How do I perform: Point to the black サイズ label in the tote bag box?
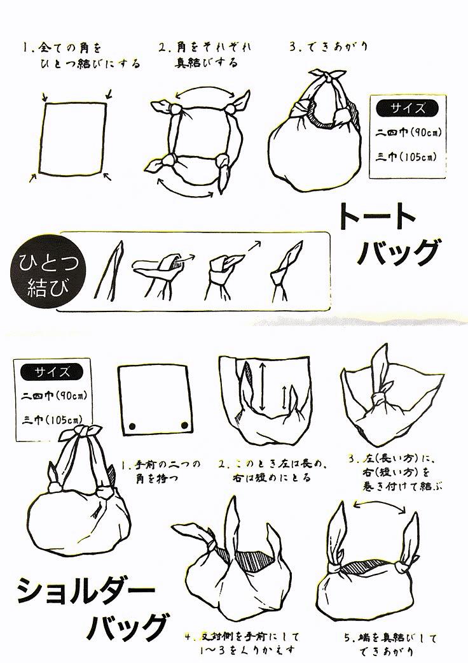coord(407,108)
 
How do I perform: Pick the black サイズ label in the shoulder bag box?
coord(52,372)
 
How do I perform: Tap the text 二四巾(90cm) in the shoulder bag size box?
coord(54,396)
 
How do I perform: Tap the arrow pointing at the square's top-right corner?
coord(108,94)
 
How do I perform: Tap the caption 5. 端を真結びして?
coord(391,638)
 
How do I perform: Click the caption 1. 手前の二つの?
coord(162,465)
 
